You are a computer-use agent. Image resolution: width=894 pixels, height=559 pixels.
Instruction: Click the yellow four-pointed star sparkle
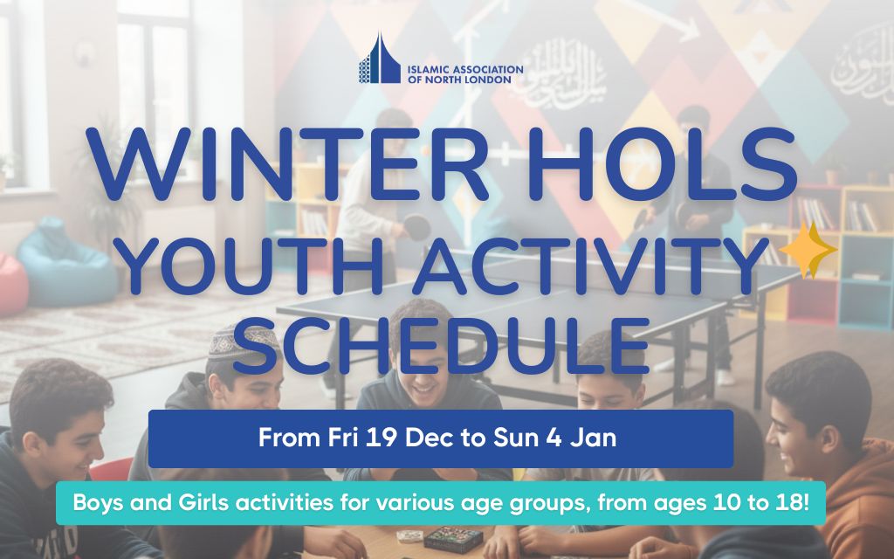pyautogui.click(x=808, y=250)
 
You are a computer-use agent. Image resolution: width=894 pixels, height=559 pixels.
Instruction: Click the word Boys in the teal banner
pyautogui.click(x=97, y=504)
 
